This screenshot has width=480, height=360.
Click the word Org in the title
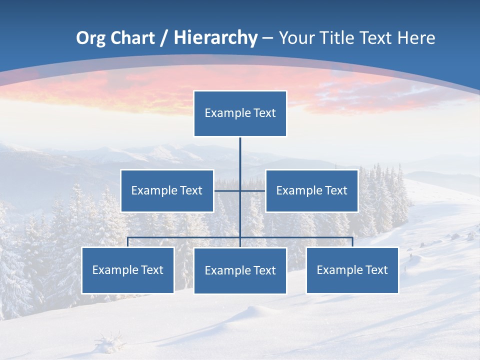[90, 38]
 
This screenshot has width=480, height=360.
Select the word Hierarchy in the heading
[215, 38]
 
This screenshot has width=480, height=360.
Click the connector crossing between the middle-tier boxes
[240, 190]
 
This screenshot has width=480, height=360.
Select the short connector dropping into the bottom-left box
[128, 242]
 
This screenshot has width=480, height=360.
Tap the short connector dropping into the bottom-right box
[352, 242]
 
